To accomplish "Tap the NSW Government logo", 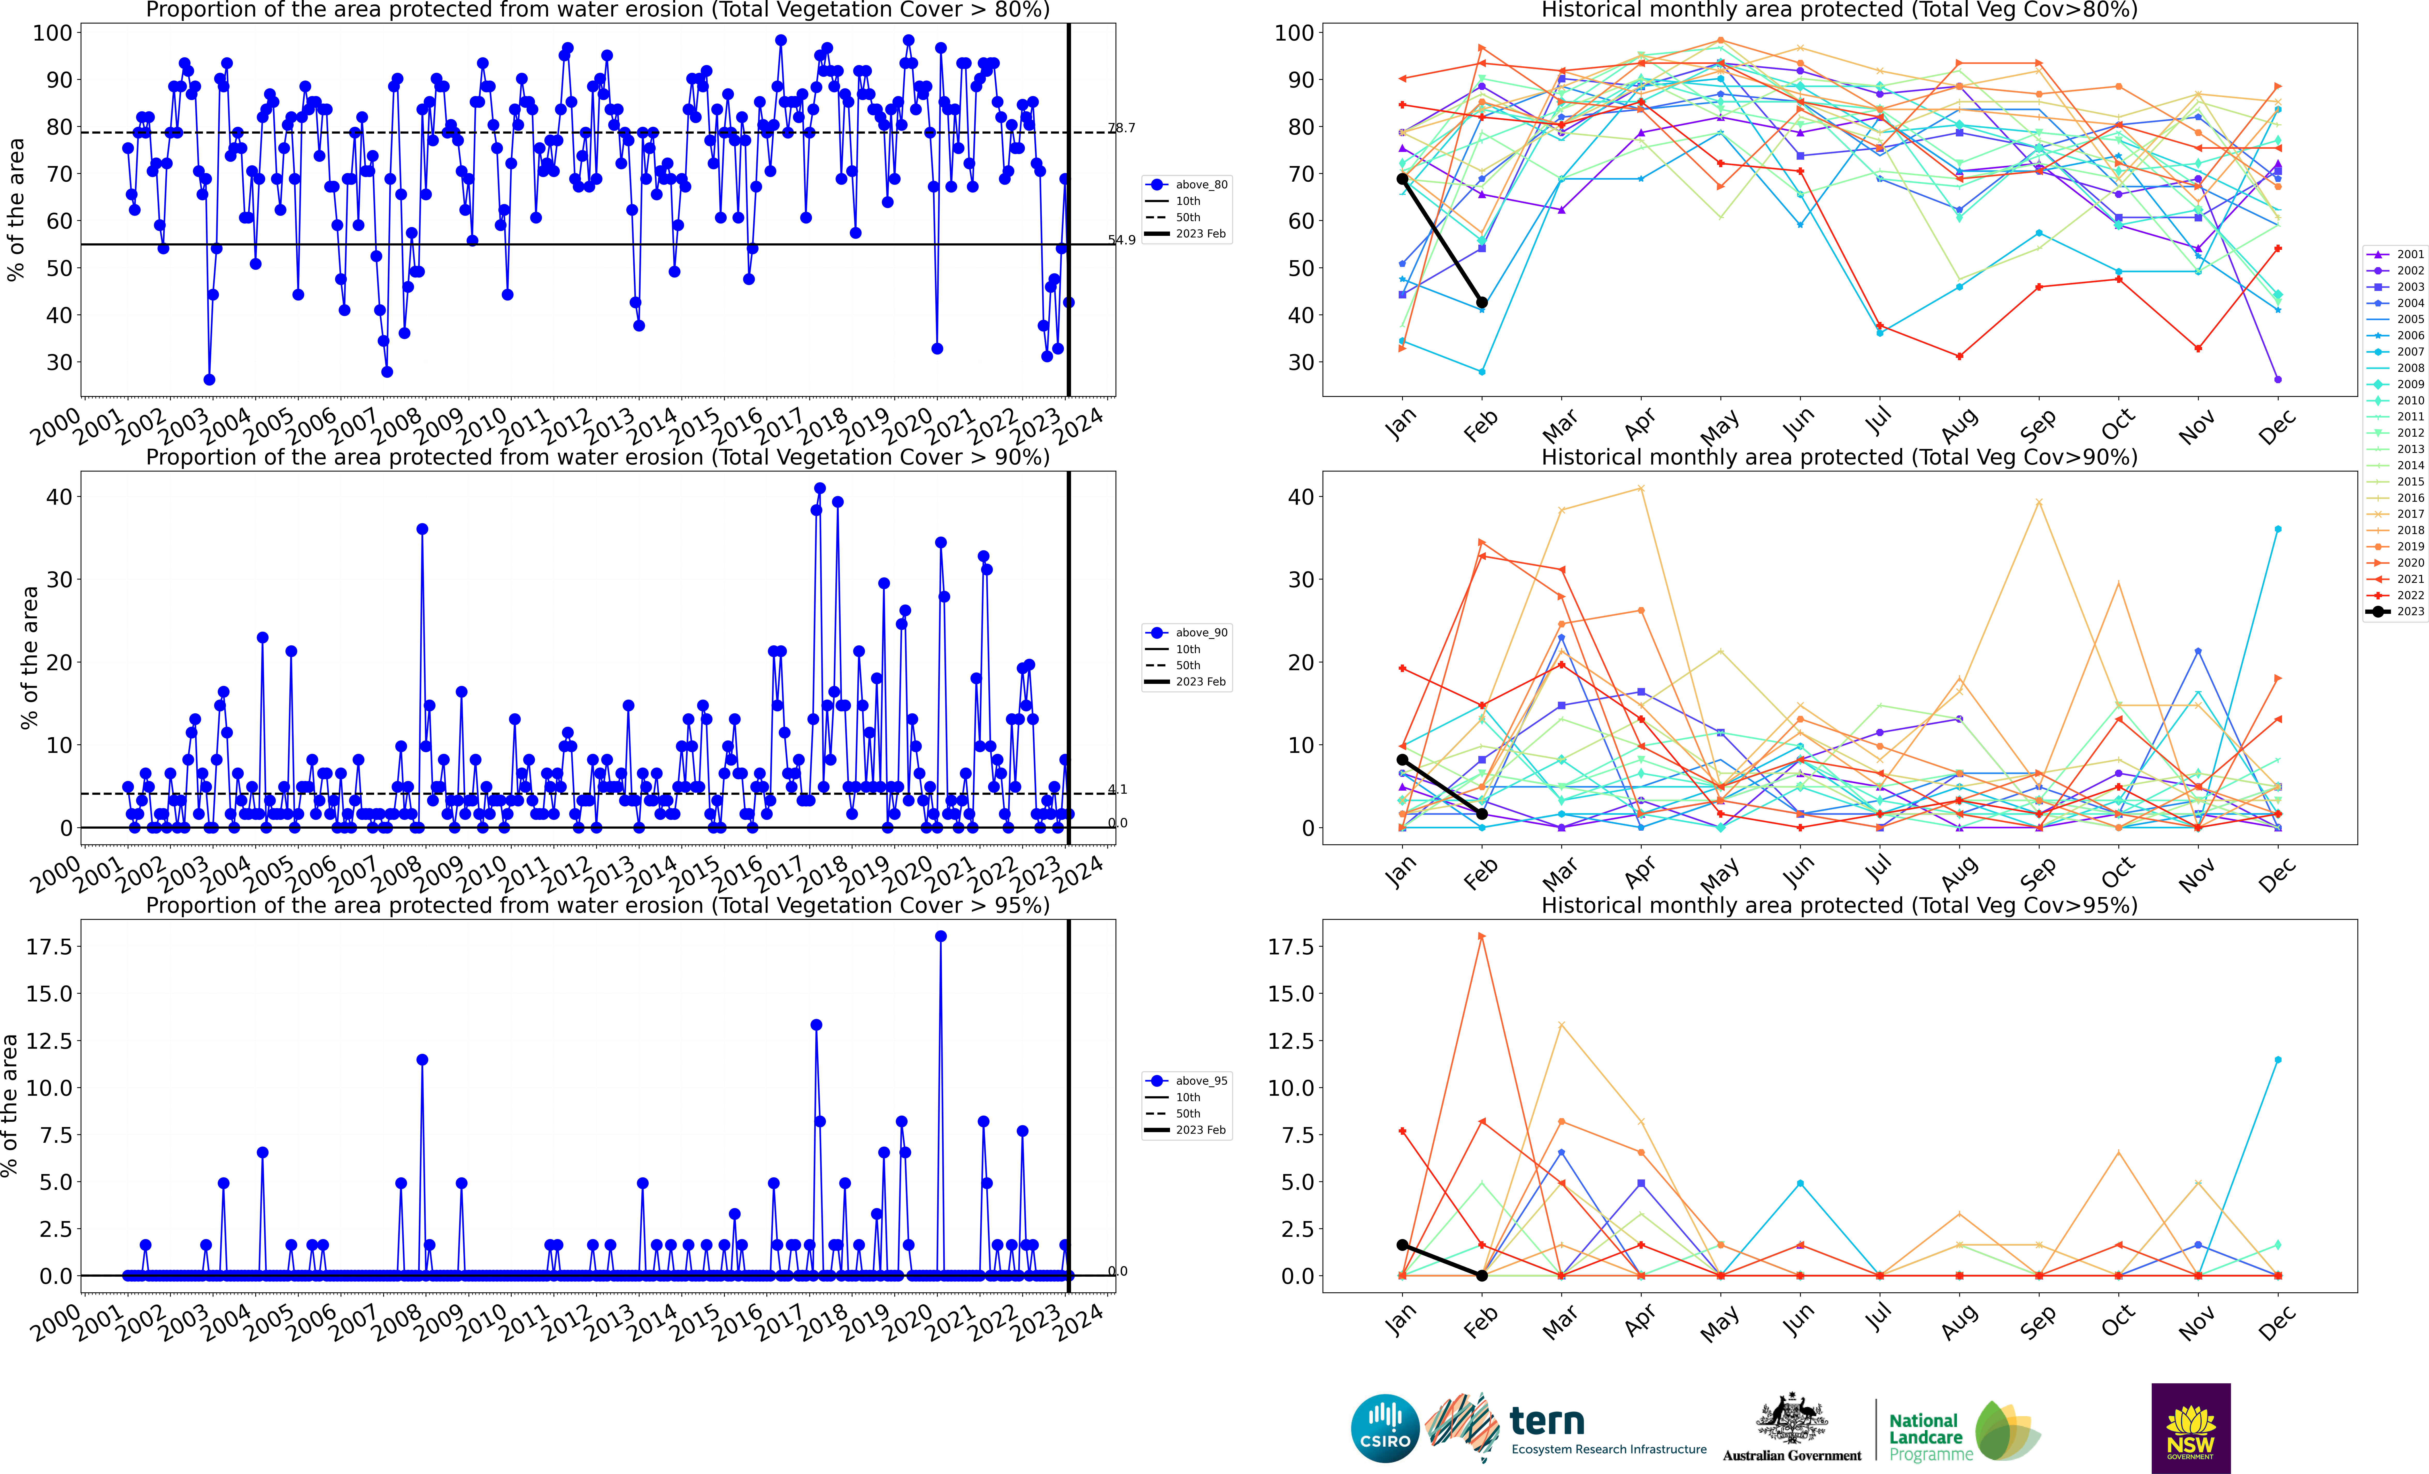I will click(2190, 1428).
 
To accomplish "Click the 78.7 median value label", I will click(1122, 128).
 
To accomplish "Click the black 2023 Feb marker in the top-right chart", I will click(1482, 303).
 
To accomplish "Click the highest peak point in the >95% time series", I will click(940, 937).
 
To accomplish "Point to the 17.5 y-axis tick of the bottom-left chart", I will click(49, 946).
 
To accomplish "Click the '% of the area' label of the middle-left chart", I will click(29, 658).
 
